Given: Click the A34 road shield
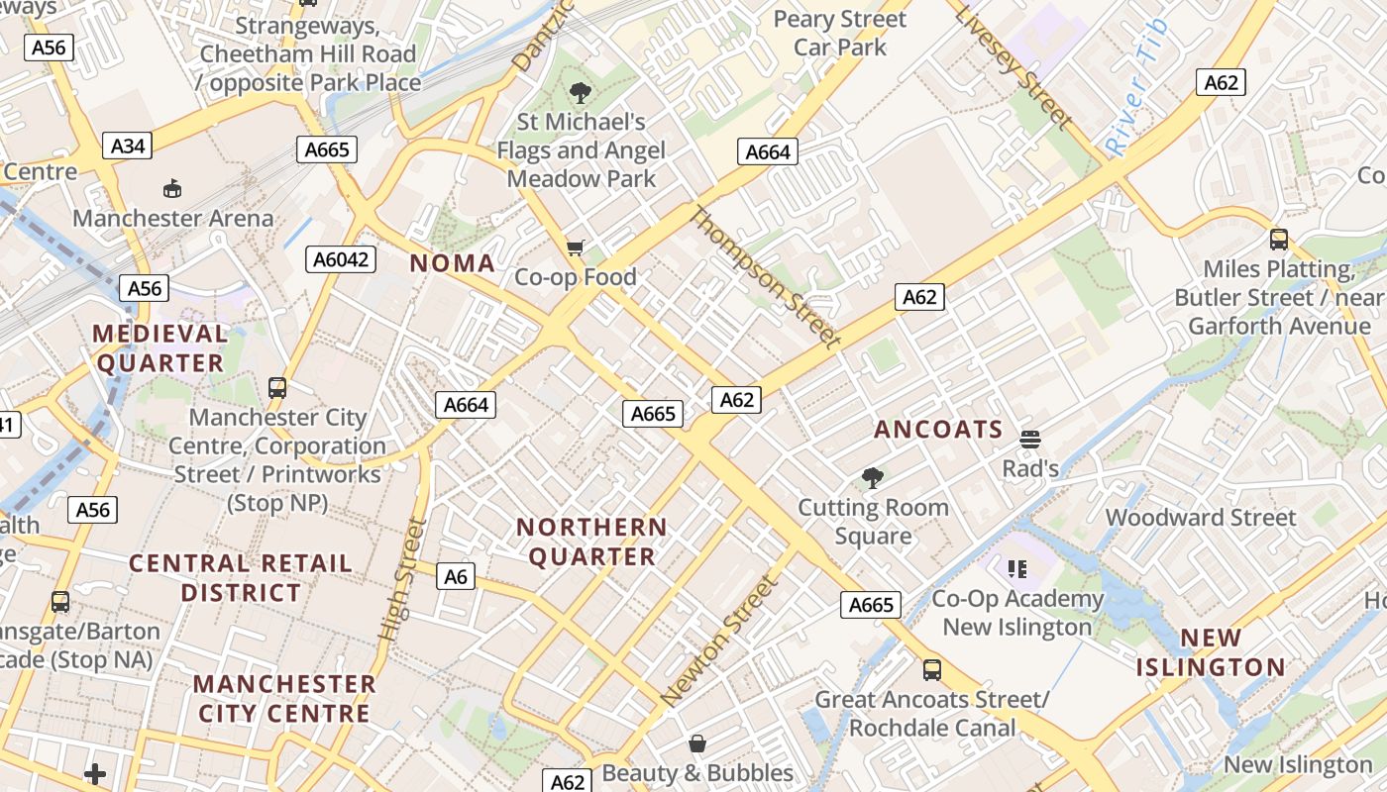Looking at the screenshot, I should coord(128,147).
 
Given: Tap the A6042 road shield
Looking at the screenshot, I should coord(340,259).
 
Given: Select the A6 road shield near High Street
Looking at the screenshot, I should coord(456,576).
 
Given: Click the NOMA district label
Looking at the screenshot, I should coord(452,263).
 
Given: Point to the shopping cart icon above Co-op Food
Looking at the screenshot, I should coord(576,247).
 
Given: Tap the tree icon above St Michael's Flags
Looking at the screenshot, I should coord(581,94).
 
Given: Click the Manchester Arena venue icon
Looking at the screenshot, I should coord(172,188).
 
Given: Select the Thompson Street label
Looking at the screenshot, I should coord(765,277).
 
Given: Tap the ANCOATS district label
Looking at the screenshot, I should coord(938,430).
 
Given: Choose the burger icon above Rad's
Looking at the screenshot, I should coord(1030,439).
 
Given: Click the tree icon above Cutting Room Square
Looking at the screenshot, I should coord(873,479).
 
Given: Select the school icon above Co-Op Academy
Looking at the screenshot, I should coord(1016,569).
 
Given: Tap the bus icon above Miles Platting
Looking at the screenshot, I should coord(1279,240).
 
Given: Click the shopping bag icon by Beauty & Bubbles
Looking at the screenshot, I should coord(697,743).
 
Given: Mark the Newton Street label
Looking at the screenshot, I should coord(719,641).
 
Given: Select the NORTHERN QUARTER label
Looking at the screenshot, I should coord(592,542).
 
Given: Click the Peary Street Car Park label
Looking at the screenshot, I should coord(840,33).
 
